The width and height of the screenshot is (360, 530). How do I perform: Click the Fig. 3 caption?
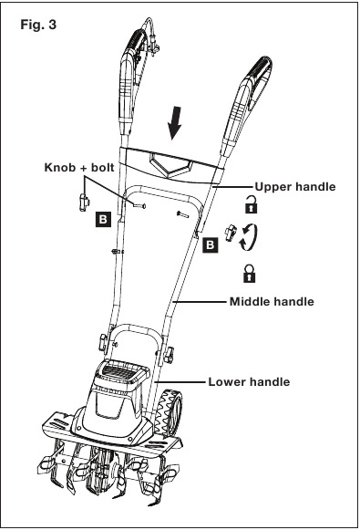point(38,25)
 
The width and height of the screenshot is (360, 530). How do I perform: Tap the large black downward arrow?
point(175,123)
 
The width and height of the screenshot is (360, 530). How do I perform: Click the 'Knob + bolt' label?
point(79,167)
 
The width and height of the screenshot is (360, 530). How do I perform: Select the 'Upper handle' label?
point(295,187)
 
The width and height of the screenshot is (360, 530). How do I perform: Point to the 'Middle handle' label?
point(272,301)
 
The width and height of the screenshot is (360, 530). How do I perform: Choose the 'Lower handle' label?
point(249,381)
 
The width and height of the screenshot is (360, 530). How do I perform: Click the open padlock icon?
point(251,204)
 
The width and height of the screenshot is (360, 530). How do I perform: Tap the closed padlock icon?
point(249,274)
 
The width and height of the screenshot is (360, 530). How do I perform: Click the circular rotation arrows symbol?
point(249,237)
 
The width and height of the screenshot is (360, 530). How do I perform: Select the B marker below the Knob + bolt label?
point(103,219)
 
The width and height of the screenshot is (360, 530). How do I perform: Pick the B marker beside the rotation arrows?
point(210,244)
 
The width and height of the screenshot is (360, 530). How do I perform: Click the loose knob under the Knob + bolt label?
point(84,203)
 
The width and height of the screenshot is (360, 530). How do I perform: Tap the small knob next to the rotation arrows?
point(231,234)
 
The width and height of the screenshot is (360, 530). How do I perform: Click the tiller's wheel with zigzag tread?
point(171,413)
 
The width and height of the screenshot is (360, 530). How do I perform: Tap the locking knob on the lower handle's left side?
point(104,342)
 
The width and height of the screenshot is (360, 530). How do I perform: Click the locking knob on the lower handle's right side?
point(169,355)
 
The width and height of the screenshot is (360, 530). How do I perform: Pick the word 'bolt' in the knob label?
point(103,167)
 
